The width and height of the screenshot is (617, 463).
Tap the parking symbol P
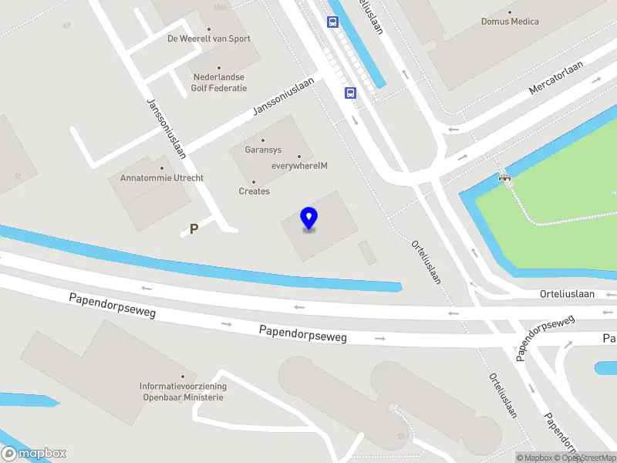click(194, 228)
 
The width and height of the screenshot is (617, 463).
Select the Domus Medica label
click(510, 22)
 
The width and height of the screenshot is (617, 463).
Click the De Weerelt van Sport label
click(209, 39)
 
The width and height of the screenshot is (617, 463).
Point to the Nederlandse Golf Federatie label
click(219, 83)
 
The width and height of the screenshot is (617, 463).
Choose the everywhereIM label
click(299, 165)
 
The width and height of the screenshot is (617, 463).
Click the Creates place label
click(254, 191)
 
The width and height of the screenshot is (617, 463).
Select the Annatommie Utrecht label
click(162, 177)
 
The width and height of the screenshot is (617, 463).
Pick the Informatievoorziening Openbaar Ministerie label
click(183, 391)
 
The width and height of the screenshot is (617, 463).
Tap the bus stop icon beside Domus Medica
click(333, 22)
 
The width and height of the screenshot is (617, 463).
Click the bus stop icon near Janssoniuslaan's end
click(351, 93)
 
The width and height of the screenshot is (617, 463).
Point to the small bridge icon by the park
click(505, 179)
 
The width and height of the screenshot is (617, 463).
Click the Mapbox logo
click(35, 454)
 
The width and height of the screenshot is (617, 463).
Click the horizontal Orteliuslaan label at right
click(567, 294)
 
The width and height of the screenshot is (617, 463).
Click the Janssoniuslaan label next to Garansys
click(284, 96)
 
